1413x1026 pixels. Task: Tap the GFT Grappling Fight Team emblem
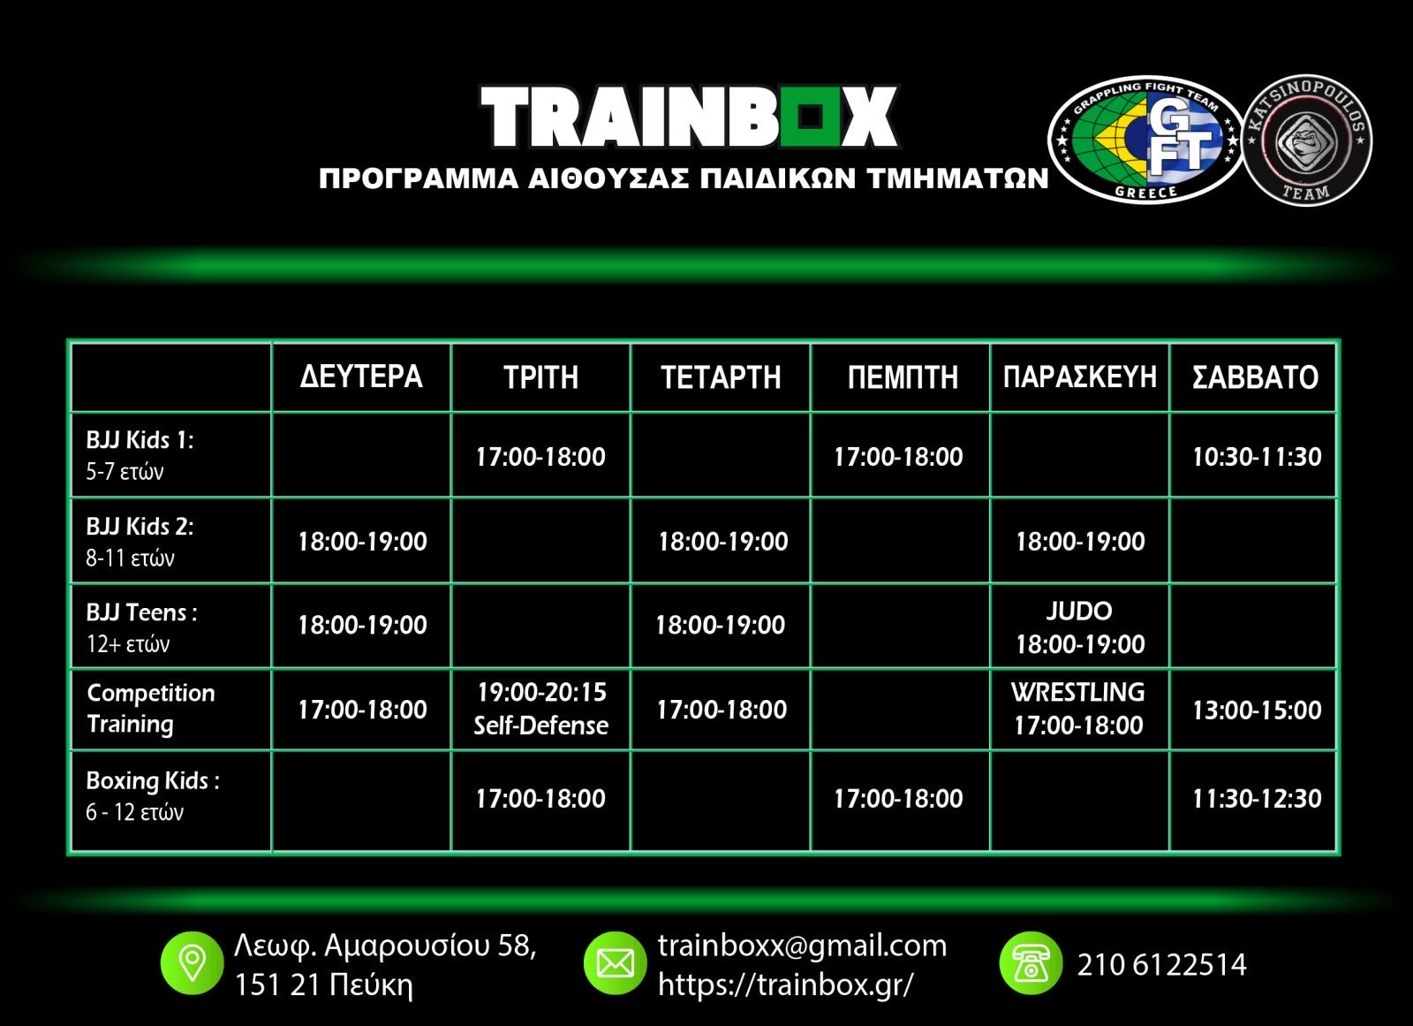(1145, 141)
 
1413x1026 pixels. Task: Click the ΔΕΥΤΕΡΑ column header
(361, 377)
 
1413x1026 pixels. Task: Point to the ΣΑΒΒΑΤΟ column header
(1255, 377)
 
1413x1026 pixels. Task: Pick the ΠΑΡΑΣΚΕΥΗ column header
(1080, 377)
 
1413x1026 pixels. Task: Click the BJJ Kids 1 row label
(140, 455)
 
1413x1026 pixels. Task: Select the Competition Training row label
(151, 709)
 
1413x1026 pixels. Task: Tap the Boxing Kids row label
(153, 795)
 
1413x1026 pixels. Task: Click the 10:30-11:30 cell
(1257, 457)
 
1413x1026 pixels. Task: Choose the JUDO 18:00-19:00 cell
(1080, 627)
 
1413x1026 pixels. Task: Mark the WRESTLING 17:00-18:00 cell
(1078, 709)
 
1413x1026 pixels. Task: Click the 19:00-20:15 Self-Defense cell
(541, 709)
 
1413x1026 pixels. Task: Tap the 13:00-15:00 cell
(1257, 711)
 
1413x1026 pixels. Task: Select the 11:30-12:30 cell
(1257, 799)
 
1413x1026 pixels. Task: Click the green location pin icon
(193, 963)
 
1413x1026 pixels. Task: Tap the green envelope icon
(615, 963)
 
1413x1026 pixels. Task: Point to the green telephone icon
(1031, 963)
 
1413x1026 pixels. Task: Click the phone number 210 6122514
(1162, 965)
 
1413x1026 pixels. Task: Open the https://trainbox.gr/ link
(785, 984)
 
